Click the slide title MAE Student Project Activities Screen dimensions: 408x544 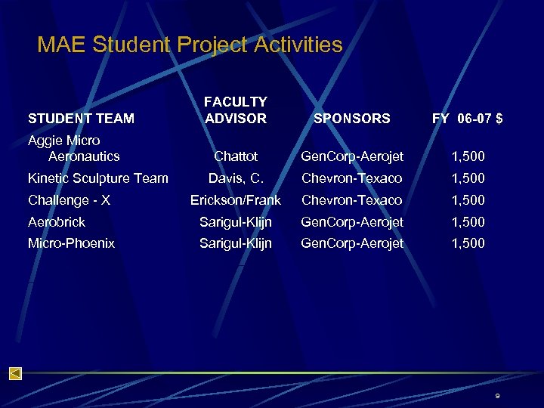point(190,45)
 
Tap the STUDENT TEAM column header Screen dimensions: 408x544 point(81,118)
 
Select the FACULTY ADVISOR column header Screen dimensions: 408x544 point(236,110)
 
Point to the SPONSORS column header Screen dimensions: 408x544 point(351,118)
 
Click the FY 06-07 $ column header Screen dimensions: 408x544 point(468,118)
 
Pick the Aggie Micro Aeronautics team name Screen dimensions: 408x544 point(74,148)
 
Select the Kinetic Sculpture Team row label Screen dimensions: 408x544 point(97,178)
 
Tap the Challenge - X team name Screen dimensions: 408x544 point(69,200)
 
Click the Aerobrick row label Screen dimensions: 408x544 point(57,222)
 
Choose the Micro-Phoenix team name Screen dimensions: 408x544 point(71,243)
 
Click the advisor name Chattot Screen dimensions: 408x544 point(236,156)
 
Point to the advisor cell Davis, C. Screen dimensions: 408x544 point(236,178)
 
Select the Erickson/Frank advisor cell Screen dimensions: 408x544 point(236,200)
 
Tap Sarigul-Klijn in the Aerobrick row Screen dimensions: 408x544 point(236,222)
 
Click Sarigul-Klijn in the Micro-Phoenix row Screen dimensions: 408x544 point(236,243)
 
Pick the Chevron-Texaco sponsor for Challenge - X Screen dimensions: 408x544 point(351,200)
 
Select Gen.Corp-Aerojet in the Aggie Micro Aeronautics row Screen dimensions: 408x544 point(351,156)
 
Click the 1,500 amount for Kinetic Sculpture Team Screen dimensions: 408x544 point(468,178)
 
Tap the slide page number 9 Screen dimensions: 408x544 point(498,396)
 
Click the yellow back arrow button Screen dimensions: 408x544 point(15,373)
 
